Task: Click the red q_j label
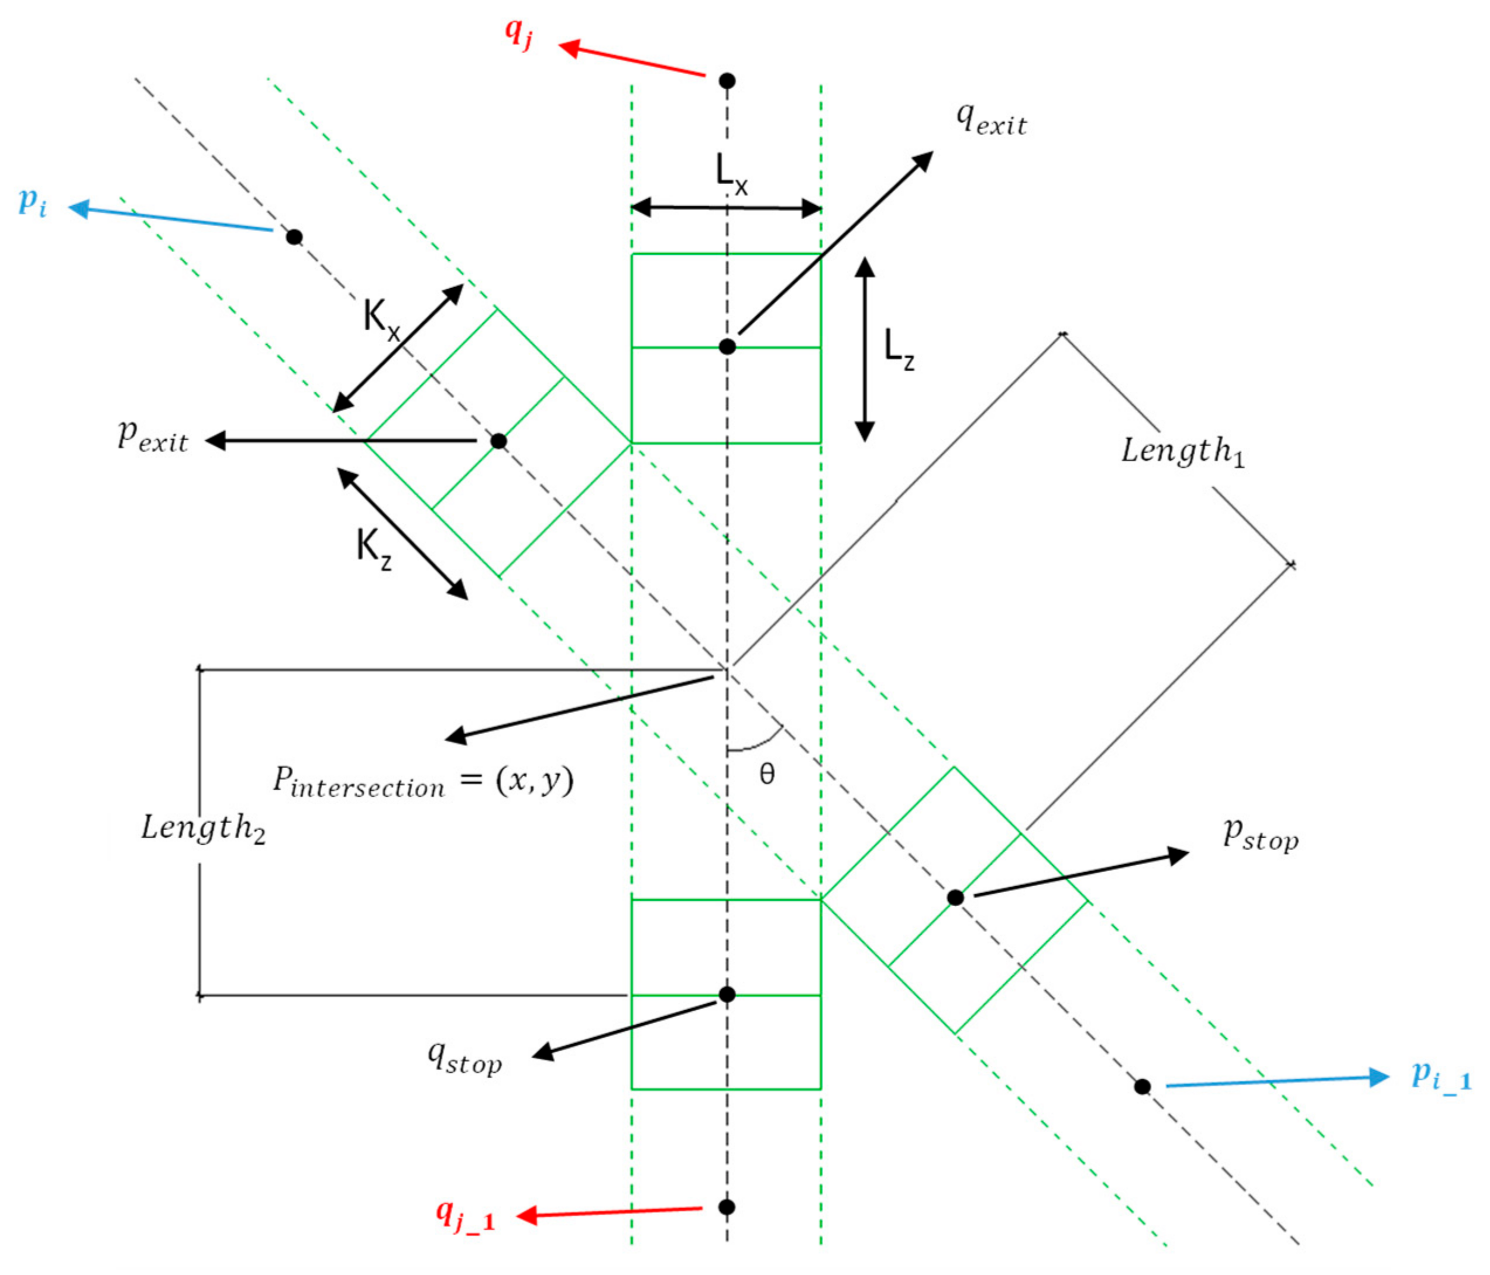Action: point(518,32)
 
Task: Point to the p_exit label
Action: point(153,436)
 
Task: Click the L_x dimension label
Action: point(731,174)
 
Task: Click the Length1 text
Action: point(1183,451)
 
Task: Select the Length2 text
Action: point(203,828)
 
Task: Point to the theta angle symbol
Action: point(766,774)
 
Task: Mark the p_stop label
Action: point(1261,835)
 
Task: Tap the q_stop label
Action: point(464,1058)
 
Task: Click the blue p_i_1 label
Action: point(1441,1077)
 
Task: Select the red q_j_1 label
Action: point(465,1215)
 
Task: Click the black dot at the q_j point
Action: point(727,81)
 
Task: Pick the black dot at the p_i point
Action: point(294,236)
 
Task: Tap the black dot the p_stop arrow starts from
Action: point(955,898)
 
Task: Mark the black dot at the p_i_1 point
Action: point(1142,1087)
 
